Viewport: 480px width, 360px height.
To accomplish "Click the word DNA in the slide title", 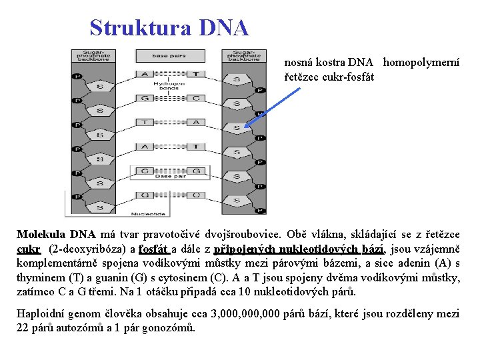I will coord(223,28).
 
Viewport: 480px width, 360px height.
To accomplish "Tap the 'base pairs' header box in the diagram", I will coord(169,56).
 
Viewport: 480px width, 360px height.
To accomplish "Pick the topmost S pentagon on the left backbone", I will coord(101,87).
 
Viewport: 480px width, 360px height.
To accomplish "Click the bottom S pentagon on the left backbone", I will coord(101,186).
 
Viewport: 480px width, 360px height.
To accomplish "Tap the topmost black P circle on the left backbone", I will coord(78,76).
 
